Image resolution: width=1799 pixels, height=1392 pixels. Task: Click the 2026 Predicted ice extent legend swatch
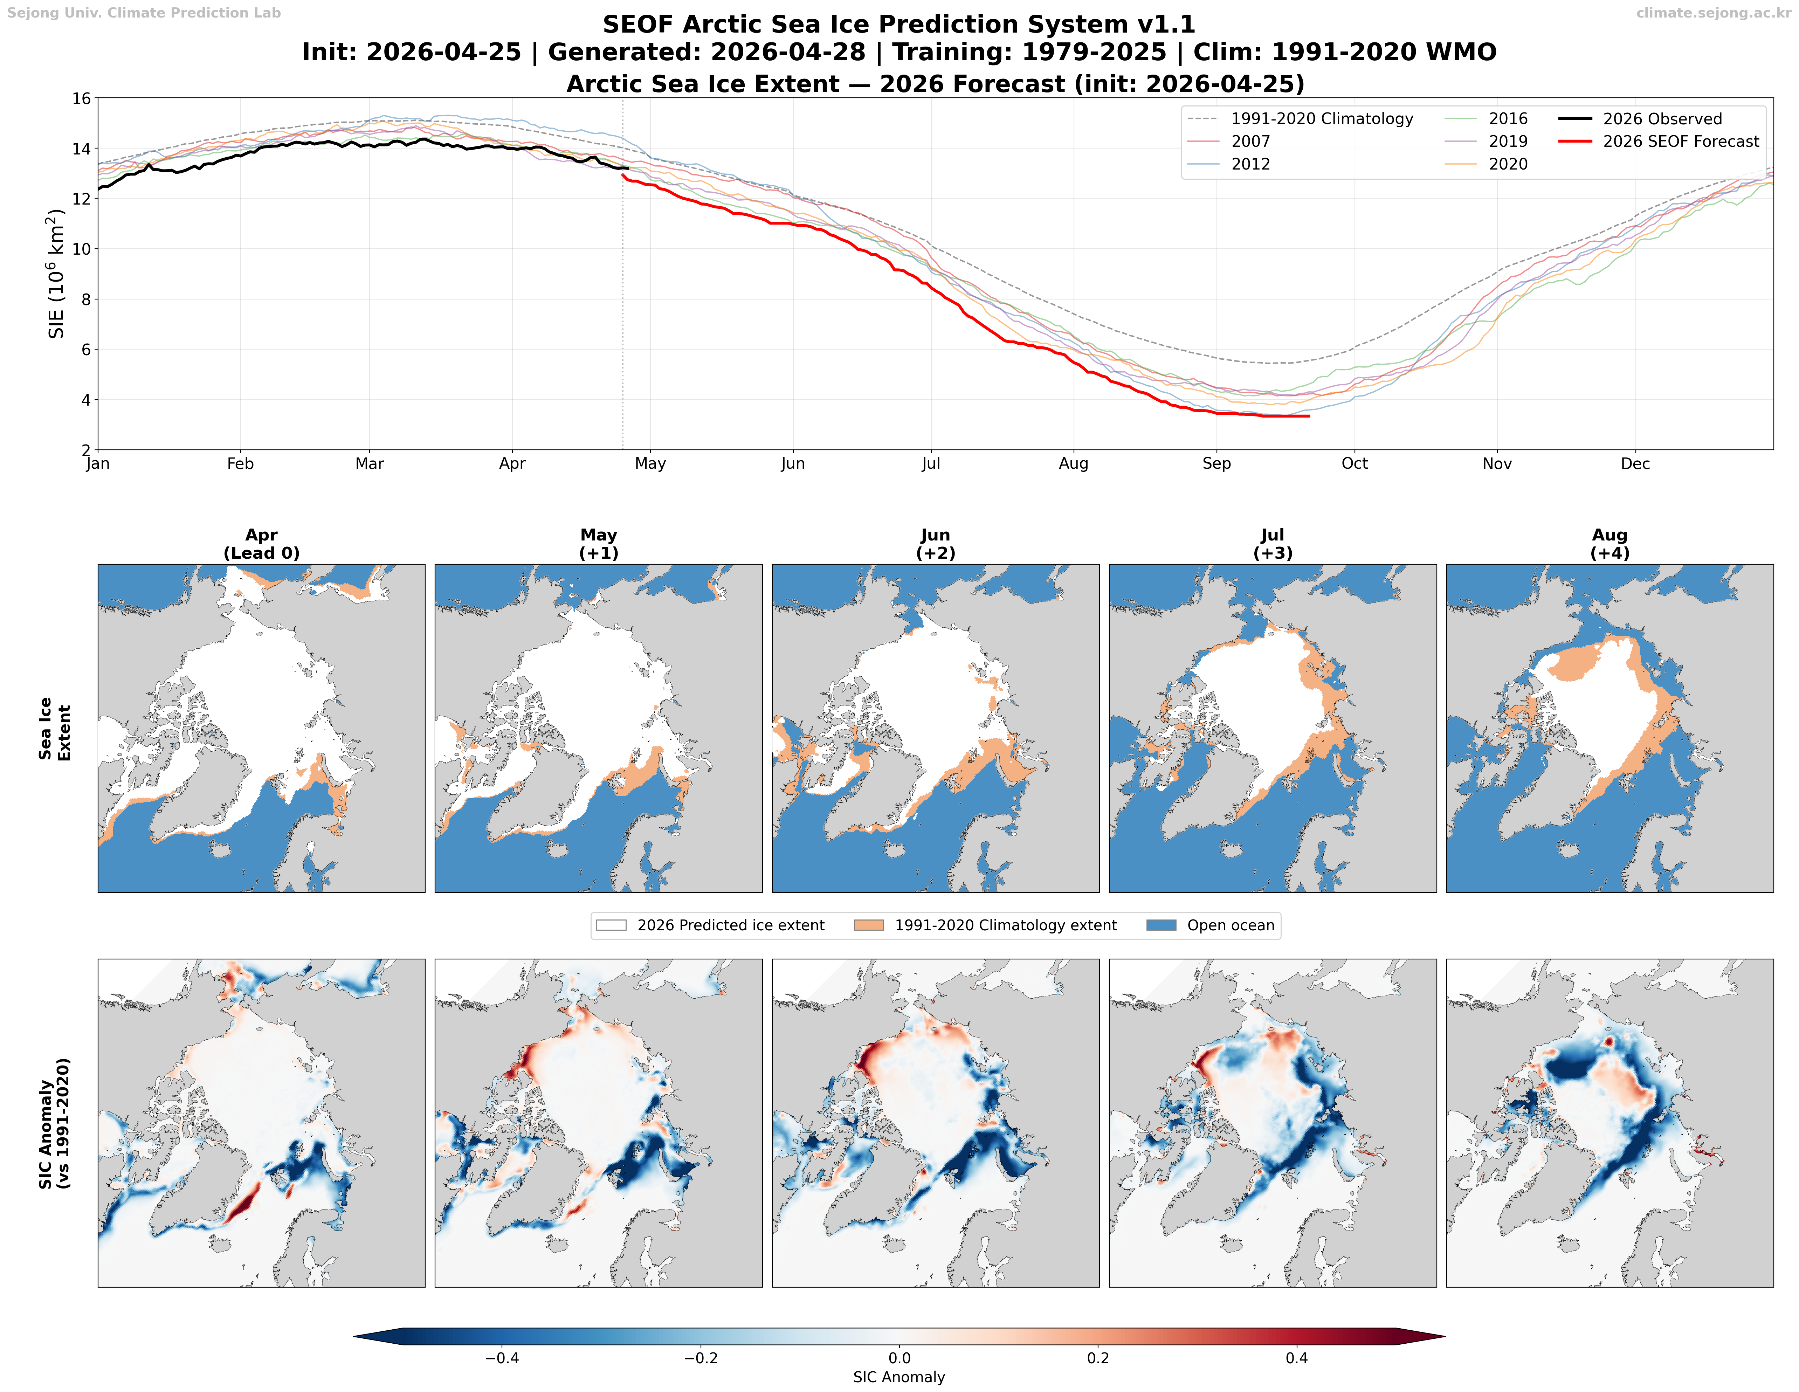[611, 925]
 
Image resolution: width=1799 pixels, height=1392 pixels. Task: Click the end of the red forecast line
[1309, 416]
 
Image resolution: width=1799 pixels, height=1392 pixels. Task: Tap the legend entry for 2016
[1508, 119]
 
